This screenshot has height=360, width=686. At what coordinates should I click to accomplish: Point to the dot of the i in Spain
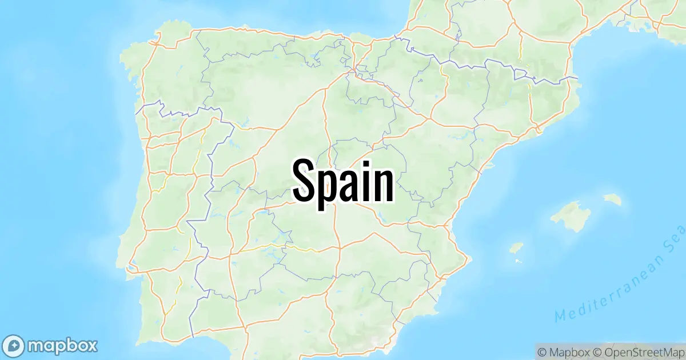tap(369, 162)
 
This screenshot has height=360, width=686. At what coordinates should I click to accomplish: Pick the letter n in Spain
tap(385, 184)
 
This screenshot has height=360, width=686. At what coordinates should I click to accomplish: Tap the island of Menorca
tap(613, 199)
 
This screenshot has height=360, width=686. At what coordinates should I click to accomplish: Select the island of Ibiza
tap(516, 248)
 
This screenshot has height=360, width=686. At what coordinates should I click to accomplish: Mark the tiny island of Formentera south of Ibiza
tap(518, 261)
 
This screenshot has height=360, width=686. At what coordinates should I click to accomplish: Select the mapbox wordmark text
tap(63, 345)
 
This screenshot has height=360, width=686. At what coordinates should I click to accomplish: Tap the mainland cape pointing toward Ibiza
tap(469, 257)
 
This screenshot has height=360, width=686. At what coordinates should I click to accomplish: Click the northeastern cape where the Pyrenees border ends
tap(578, 78)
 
